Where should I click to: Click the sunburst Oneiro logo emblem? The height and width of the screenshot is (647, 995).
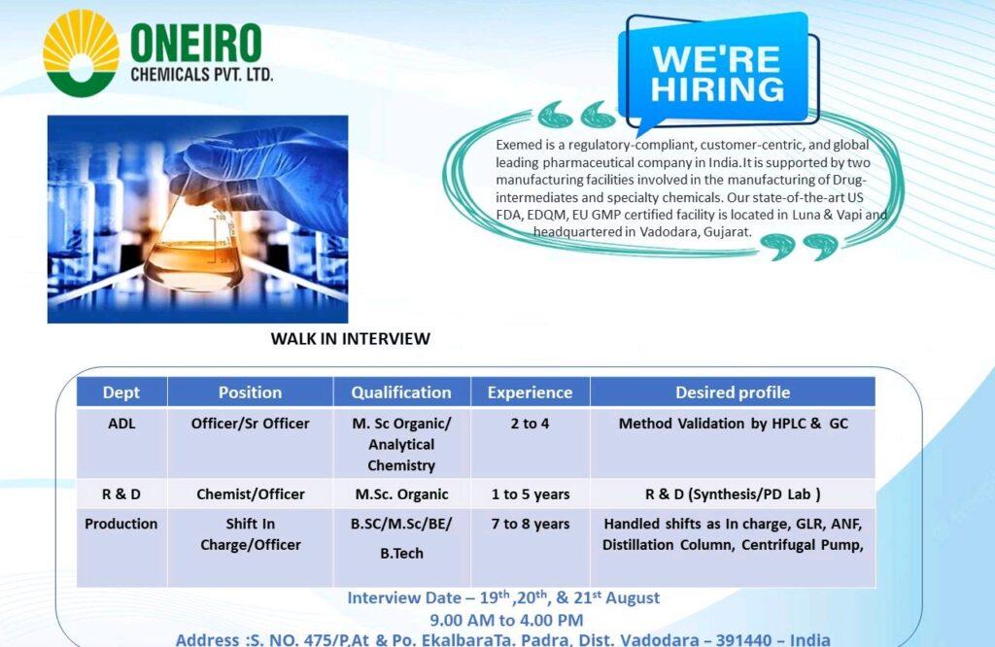81,53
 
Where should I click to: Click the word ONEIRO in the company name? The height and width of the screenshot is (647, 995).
196,43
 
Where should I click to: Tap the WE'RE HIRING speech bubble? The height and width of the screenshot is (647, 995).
717,71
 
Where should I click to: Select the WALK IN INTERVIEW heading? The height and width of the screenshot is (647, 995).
350,339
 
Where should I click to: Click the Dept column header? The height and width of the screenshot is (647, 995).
121,392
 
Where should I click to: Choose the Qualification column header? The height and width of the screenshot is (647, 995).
401,392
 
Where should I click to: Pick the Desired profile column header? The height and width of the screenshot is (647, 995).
733,392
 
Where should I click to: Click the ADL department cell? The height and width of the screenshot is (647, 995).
121,424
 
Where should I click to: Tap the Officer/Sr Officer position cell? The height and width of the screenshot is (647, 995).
250,424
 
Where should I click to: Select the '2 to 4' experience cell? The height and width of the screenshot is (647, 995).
530,424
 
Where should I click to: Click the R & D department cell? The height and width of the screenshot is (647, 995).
121,494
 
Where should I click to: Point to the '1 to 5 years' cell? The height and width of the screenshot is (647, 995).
531,494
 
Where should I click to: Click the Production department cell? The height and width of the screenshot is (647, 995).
121,524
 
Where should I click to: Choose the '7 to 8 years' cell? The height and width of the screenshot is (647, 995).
531,524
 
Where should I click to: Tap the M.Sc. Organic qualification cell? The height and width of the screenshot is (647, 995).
401,494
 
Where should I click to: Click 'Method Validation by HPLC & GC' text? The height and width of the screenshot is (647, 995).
733,424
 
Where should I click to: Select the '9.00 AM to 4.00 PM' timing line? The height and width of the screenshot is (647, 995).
506,620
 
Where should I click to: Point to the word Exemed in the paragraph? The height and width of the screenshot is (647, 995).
517,145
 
